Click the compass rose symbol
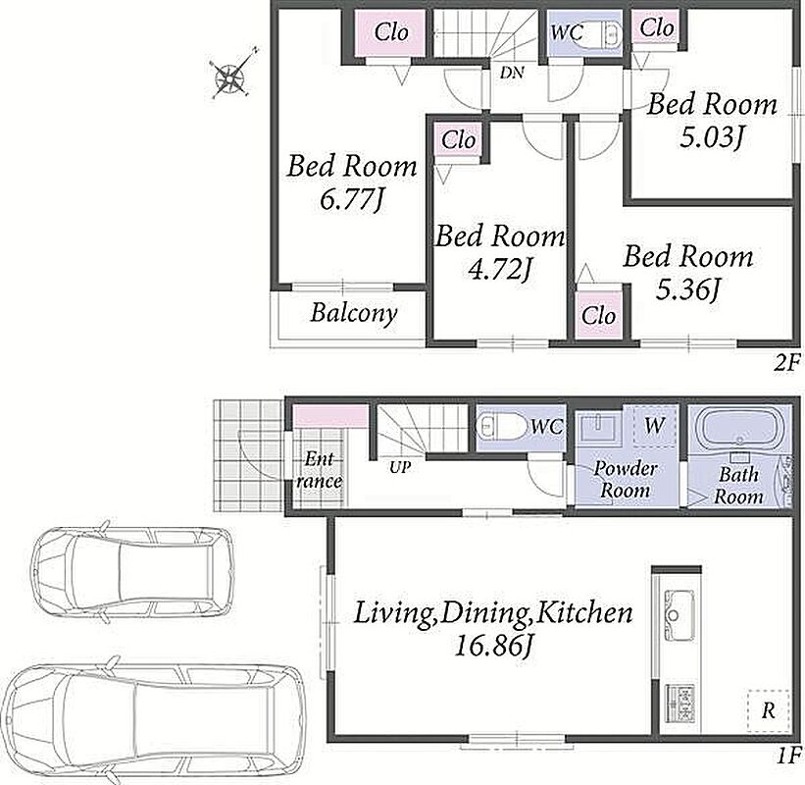230,76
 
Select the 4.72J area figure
499,270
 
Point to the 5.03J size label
712,137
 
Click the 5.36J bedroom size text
688,289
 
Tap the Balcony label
354,313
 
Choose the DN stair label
513,73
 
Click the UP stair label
399,467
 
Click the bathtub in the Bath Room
739,428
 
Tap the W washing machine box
653,425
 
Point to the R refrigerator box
768,710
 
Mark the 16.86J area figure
493,645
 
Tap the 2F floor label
786,364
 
